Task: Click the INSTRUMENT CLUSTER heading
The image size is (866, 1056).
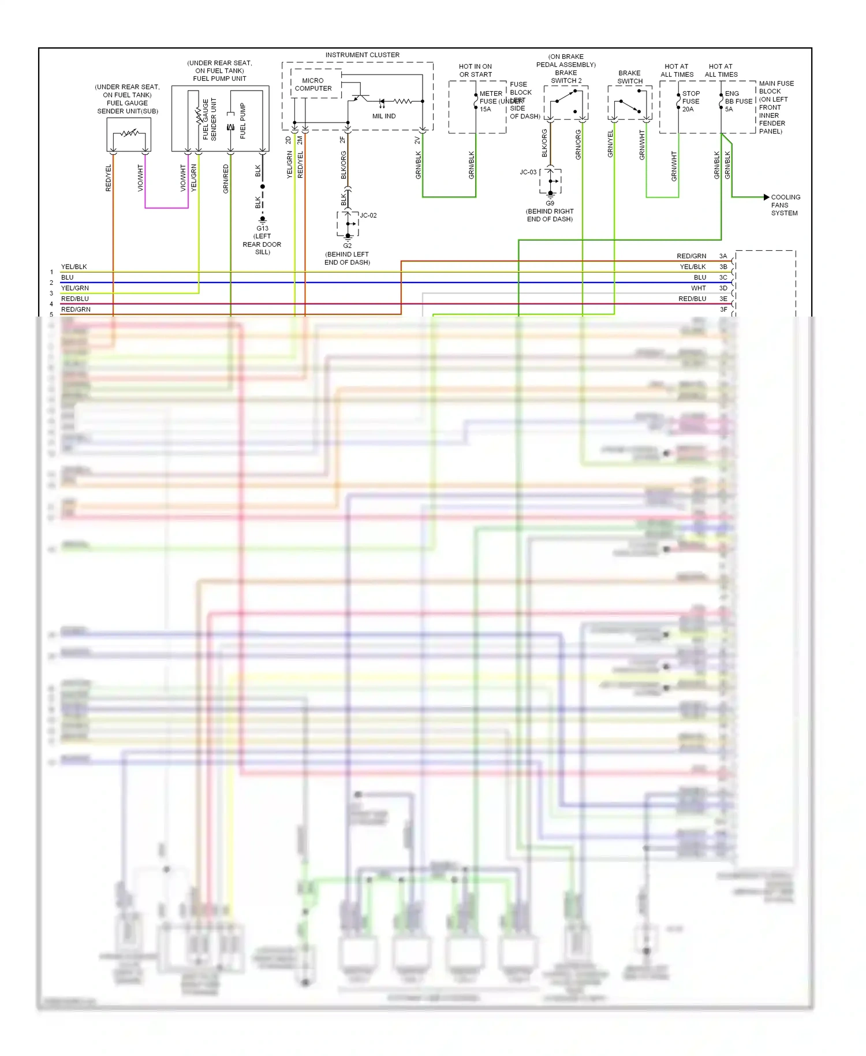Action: (x=362, y=55)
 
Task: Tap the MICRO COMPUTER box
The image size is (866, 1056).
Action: (x=313, y=85)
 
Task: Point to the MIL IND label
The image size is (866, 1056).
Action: (x=384, y=116)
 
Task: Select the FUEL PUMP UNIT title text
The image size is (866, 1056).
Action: (x=219, y=79)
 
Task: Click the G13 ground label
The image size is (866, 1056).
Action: (x=262, y=228)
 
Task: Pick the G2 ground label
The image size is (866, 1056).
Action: (x=347, y=246)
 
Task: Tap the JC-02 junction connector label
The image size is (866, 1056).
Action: (x=368, y=215)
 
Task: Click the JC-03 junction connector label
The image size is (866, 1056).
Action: (x=528, y=172)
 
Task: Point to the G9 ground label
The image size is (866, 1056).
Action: (x=550, y=203)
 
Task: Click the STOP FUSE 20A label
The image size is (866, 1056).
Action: (x=690, y=101)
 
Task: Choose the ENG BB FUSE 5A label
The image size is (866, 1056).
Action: (x=738, y=101)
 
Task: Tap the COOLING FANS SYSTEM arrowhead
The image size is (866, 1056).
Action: (x=766, y=197)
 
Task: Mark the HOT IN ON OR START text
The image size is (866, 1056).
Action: (x=475, y=70)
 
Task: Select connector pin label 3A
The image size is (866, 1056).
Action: (x=723, y=256)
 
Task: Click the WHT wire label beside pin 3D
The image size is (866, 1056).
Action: (x=698, y=288)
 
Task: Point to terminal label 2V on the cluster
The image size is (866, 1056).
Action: (x=417, y=140)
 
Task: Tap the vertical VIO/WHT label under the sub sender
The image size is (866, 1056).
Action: (x=140, y=177)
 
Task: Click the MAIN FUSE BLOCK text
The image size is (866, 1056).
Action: (x=776, y=87)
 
